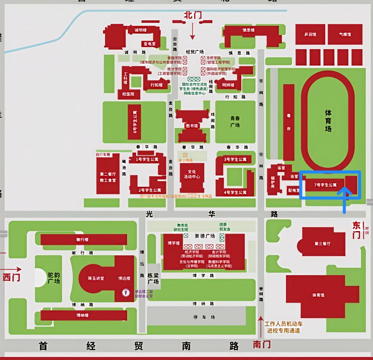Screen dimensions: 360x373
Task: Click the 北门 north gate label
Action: (x=193, y=15)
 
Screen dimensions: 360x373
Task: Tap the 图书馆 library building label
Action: (x=192, y=126)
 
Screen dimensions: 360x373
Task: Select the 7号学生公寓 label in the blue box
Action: (x=325, y=185)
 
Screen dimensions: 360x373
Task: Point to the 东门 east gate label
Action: (x=357, y=230)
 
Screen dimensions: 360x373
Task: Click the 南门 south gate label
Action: (x=262, y=344)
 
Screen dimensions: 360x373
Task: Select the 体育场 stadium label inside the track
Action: (x=328, y=120)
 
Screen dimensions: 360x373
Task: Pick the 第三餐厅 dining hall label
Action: (x=322, y=244)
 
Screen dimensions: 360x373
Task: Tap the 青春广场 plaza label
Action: (x=235, y=122)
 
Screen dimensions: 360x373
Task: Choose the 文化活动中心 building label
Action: (x=192, y=174)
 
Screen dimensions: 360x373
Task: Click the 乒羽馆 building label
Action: (x=310, y=34)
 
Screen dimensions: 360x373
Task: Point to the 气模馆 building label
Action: (x=345, y=34)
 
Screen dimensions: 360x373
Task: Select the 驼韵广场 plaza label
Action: (x=54, y=278)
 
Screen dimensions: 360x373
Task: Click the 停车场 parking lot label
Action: (x=201, y=318)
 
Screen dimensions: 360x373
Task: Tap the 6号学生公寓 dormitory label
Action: (x=134, y=122)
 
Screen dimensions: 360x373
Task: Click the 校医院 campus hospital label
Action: (x=128, y=94)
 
